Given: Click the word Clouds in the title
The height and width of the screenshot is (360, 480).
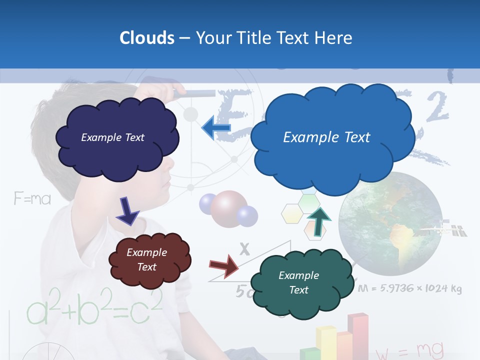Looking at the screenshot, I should (146, 38).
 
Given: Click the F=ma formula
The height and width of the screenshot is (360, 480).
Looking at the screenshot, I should (32, 199).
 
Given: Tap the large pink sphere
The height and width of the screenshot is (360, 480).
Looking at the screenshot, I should (228, 208).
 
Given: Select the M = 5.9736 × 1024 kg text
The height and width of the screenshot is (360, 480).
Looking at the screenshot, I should (409, 288).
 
